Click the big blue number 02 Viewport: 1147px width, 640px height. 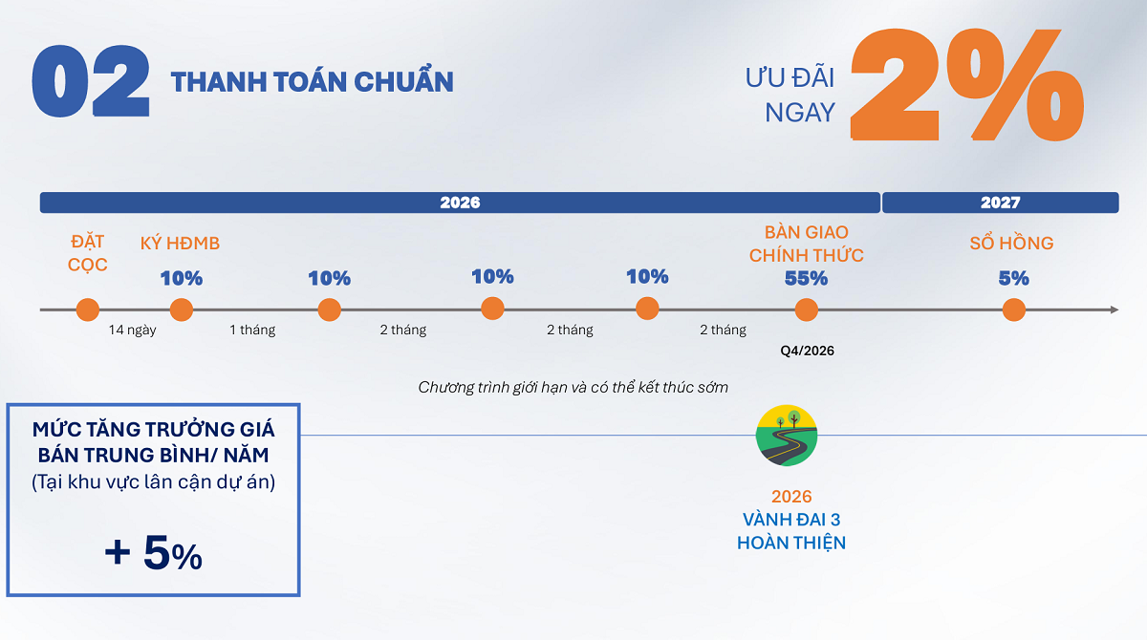tap(91, 81)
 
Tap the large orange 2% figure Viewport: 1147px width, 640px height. tap(966, 84)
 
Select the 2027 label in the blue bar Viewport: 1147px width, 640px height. tap(1000, 203)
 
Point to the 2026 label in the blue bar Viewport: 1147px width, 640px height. tap(460, 203)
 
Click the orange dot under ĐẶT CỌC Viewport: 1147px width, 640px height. tap(88, 310)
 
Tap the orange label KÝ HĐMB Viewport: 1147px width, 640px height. tap(180, 243)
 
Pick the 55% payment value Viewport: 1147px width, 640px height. tap(806, 278)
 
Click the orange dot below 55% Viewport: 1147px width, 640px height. tap(806, 310)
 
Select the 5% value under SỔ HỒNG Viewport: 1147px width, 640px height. tap(1013, 278)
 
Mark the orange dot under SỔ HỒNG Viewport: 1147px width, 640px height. tap(1014, 310)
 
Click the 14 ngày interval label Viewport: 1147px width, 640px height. tap(132, 330)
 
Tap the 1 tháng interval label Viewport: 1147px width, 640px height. tap(252, 330)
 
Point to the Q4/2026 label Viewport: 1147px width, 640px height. tap(807, 351)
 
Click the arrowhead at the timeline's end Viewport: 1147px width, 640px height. tap(1115, 309)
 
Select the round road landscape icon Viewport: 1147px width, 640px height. tap(787, 436)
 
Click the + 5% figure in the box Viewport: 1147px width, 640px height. tap(153, 552)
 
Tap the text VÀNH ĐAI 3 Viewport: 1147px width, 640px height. tap(791, 520)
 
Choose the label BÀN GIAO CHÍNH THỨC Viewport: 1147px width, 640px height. tap(807, 244)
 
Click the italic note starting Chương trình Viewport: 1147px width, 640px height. tap(573, 387)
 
